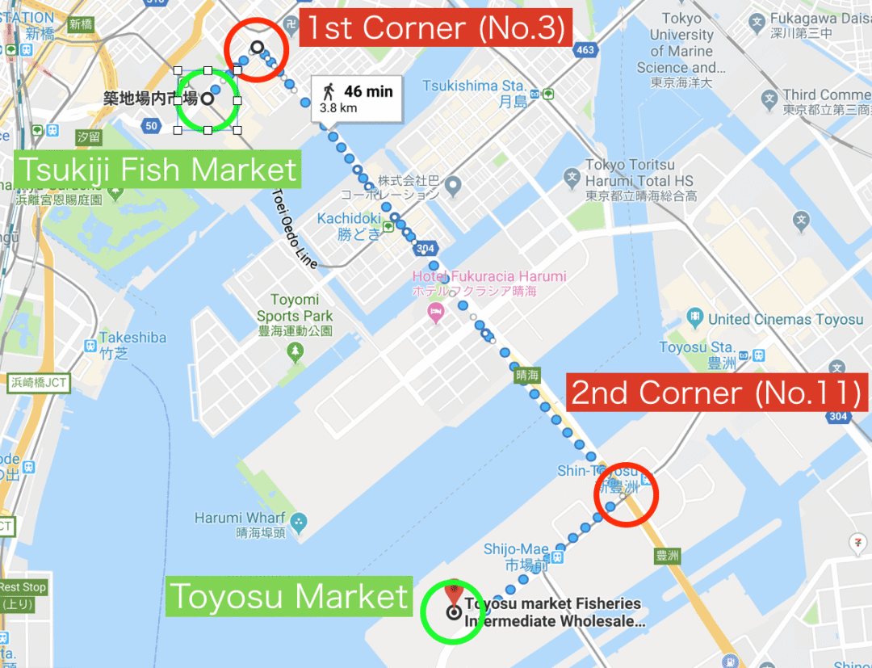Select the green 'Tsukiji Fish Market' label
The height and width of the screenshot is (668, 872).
[157, 170]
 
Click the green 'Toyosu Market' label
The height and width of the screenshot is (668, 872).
[289, 597]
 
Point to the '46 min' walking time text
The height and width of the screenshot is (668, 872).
[368, 91]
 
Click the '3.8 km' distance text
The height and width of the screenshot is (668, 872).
[338, 107]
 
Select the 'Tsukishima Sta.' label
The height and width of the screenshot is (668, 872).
[474, 86]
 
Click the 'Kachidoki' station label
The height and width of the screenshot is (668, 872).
[349, 219]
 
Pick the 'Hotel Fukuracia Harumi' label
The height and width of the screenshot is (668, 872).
[489, 276]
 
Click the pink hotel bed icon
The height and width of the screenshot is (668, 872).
[436, 313]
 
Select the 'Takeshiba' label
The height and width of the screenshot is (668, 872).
[133, 338]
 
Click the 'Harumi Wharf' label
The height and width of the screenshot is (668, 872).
[240, 518]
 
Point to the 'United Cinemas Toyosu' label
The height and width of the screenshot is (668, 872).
[786, 319]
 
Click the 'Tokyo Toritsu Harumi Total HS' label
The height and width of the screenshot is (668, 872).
[640, 180]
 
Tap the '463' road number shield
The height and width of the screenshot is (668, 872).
[585, 51]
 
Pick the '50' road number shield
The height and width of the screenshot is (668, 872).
[152, 125]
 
